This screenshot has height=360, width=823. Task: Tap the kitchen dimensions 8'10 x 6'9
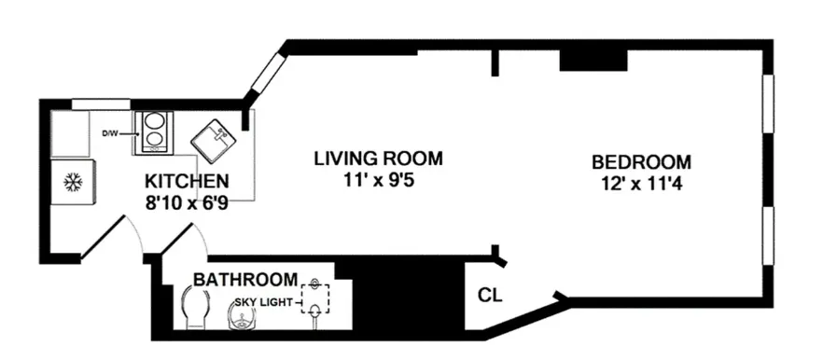[x=187, y=200]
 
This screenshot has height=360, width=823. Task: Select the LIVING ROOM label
[x=377, y=158]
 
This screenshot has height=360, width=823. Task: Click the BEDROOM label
[x=641, y=161]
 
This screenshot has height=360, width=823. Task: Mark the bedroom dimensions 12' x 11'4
[x=641, y=183]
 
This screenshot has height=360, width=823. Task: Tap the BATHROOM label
[x=245, y=279]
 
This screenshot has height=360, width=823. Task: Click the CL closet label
[x=490, y=296]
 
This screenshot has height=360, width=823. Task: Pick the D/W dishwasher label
[x=109, y=133]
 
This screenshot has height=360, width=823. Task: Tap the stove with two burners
[x=152, y=132]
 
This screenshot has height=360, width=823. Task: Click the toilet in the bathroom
[x=194, y=309]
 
